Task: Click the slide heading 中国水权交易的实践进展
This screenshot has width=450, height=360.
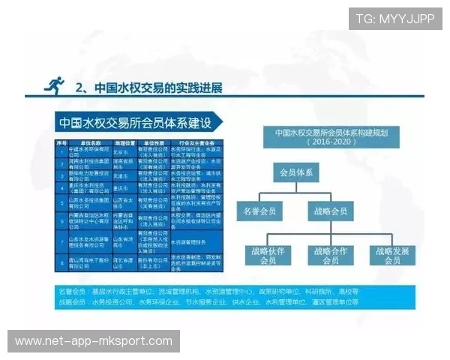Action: coord(150,87)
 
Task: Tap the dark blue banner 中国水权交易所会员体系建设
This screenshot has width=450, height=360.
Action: coord(135,122)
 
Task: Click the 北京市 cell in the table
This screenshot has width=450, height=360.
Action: coord(124,149)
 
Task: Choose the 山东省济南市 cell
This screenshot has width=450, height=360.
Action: coord(124,242)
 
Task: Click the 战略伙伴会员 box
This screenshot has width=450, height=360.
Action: coord(266,256)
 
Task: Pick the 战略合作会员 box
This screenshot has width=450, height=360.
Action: coord(331,256)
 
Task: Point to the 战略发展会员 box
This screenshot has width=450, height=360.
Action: coord(391,256)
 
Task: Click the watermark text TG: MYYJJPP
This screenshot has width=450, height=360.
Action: coord(395,19)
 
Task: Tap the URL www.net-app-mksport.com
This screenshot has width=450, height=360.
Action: coord(93,341)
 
